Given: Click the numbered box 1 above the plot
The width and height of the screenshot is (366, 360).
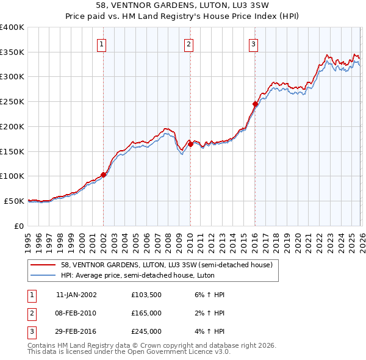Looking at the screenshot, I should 101,44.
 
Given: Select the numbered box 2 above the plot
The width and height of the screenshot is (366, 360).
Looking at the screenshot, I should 189,44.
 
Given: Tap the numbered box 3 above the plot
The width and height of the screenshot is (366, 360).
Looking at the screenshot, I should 253,44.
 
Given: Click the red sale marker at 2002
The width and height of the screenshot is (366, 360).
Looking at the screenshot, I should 103,175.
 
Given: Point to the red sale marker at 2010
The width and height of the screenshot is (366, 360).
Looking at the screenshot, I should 190,144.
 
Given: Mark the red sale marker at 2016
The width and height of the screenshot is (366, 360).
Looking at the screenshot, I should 255,104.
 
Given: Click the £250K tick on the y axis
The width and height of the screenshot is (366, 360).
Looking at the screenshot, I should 12,102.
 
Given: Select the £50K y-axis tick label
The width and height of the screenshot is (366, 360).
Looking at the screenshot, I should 14,201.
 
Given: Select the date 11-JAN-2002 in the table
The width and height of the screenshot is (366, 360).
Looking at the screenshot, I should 76,295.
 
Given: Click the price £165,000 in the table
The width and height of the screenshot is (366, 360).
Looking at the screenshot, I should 146,313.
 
